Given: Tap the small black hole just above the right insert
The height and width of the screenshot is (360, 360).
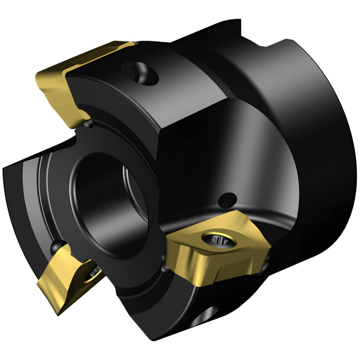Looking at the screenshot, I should pos(228,198).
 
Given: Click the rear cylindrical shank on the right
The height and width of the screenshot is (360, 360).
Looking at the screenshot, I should pos(317,144).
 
